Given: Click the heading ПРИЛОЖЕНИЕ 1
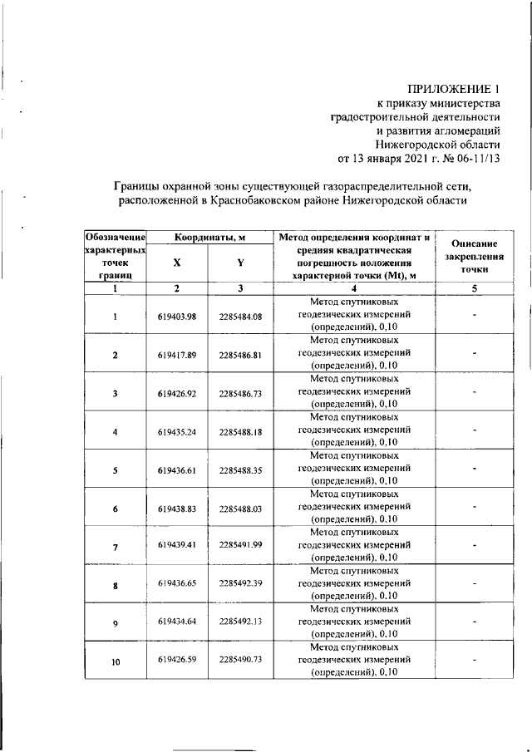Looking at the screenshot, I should tap(454, 88).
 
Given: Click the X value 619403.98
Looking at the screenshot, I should tap(176, 317).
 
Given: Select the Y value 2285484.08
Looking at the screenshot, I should tap(240, 317).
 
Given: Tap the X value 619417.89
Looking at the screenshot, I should tap(176, 355).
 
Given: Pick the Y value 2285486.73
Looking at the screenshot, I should tap(240, 393).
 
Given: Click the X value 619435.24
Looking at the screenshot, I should tap(176, 432).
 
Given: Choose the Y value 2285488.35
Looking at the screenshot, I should tap(240, 470).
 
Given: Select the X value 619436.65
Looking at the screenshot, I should tap(176, 585).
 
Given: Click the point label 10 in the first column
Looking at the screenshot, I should tap(116, 662).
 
